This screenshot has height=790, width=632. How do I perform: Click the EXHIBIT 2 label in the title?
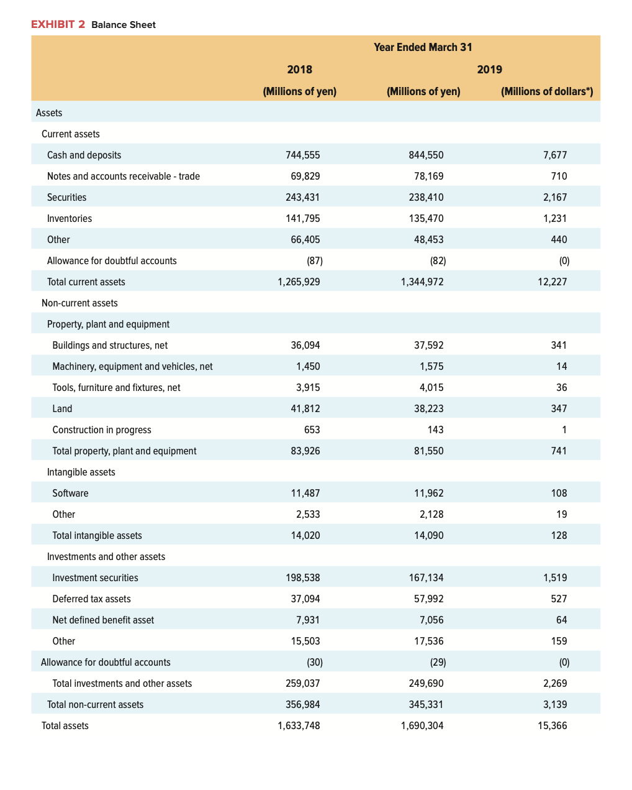58,24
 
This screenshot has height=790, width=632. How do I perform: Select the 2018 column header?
299,69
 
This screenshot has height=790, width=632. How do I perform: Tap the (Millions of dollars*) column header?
547,91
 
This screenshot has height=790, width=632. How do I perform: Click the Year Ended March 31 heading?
423,47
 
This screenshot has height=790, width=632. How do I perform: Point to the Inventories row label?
69,218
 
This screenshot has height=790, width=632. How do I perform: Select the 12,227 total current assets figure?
552,282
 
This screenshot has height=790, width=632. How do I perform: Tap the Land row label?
62,408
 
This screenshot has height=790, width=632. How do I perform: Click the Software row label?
70,493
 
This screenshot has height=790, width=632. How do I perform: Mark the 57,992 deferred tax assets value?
428,599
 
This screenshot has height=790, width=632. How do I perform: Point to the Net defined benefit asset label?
103,620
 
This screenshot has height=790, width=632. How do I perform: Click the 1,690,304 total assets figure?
422,725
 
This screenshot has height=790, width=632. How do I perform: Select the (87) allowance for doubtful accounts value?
315,260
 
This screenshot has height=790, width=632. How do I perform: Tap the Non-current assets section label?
79,303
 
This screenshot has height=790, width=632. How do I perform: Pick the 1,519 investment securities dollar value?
555,577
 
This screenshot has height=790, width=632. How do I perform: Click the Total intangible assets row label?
97,535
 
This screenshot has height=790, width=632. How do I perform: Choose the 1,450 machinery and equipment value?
308,366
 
